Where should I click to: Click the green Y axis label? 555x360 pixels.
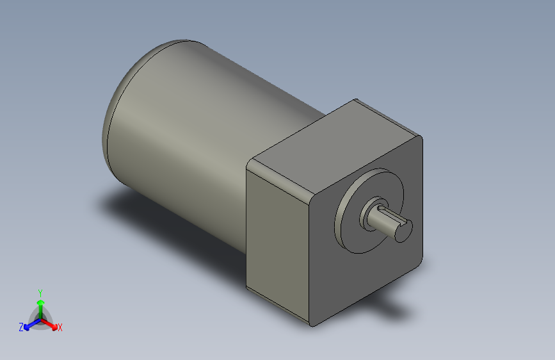pos(40,291)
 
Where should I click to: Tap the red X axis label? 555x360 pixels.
pos(60,328)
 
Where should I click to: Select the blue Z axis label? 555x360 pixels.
pos(20,327)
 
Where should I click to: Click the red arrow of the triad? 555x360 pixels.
pos(51,323)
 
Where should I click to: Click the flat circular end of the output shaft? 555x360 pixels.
pos(403,229)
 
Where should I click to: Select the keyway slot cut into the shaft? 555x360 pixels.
pos(388,215)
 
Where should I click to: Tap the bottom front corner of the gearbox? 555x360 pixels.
pos(312,323)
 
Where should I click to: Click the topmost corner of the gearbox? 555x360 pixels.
pos(356,101)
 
